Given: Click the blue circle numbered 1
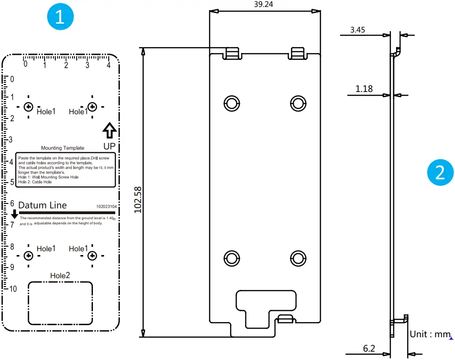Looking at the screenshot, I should tap(59, 18).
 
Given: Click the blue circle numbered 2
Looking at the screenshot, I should tap(440, 173).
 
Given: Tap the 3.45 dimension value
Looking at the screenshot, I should tap(358, 30).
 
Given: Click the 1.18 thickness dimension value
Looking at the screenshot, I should tap(364, 88).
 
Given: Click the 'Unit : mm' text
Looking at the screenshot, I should tap(430, 334).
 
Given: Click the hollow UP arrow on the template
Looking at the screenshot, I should tap(109, 131).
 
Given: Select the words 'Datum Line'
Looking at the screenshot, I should tap(42, 205).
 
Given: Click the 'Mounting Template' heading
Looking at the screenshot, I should tap(63, 148).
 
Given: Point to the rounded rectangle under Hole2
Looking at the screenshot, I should tap(60, 302).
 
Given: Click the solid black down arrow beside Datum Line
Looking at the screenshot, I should tap(14, 214).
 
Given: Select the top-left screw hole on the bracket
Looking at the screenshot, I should tap(231, 103).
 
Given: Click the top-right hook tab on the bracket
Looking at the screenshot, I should tap(298, 53).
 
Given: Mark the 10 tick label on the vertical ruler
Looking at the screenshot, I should tap(13, 289).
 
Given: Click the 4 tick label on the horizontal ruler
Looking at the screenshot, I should tap(108, 65).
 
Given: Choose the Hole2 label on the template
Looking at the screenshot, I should tap(60, 275).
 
